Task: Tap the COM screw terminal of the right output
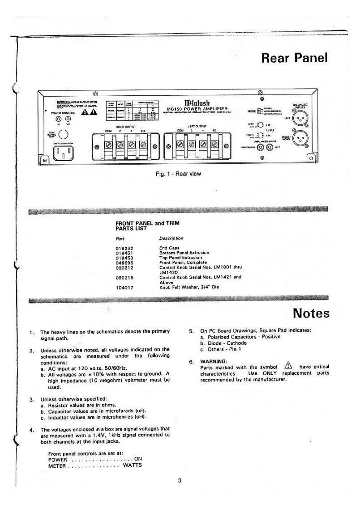(109, 145)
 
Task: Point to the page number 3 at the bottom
(180, 481)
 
